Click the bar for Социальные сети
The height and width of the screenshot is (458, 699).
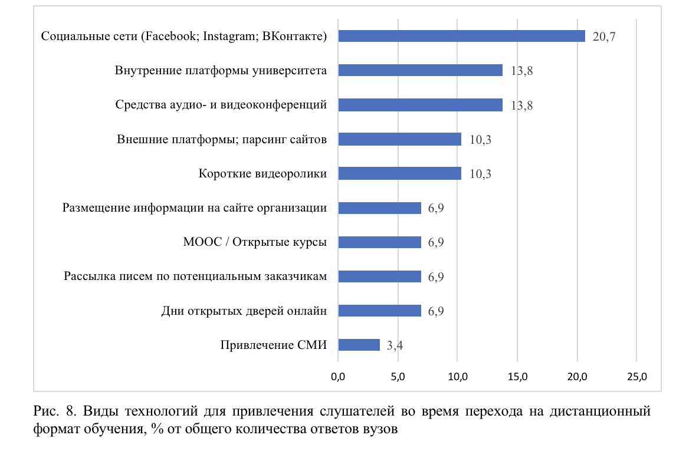pos(461,37)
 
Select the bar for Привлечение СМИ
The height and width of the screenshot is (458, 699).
pos(359,345)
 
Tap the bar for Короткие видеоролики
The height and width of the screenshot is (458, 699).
pos(399,173)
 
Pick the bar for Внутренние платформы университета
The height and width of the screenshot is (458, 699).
pos(420,71)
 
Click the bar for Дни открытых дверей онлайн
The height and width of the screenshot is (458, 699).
pos(379,311)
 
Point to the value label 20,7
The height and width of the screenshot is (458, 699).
pos(604,37)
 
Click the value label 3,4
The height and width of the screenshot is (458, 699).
pos(395,345)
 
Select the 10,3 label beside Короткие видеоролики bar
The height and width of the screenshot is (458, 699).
pos(480,174)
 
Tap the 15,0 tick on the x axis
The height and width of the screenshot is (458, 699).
pos(517,376)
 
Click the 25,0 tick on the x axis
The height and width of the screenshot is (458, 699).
pos(636,376)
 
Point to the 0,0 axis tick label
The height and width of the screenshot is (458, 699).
pos(338,376)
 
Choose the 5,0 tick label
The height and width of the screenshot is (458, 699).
pos(398,376)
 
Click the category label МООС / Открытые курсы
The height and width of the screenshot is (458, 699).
pos(255,242)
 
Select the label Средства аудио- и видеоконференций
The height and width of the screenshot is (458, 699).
pos(221,106)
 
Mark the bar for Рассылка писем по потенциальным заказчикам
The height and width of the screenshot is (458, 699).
pos(379,276)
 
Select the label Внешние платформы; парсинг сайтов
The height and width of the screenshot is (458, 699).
pos(222,140)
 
